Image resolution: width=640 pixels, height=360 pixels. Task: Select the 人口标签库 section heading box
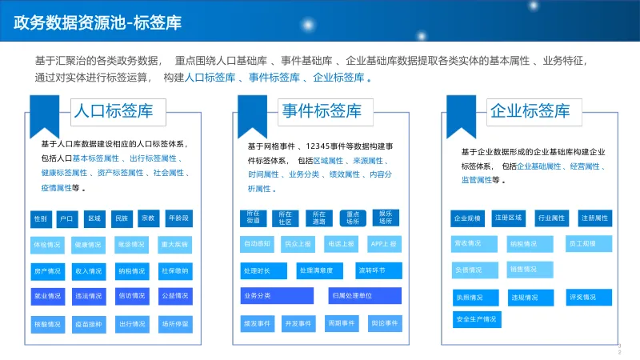point(113,110)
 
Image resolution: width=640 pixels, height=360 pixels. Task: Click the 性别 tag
point(41,218)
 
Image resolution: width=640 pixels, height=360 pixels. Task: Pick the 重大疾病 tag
point(174,244)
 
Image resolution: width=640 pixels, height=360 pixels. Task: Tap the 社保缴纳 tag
point(174,270)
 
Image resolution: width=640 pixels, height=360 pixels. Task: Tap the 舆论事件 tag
point(385,323)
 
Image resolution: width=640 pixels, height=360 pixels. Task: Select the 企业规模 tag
point(467,218)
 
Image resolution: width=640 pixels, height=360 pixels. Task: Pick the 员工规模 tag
point(582,242)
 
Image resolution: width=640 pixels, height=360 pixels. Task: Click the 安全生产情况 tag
point(476,320)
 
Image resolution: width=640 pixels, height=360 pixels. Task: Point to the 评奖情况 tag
point(582,297)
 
